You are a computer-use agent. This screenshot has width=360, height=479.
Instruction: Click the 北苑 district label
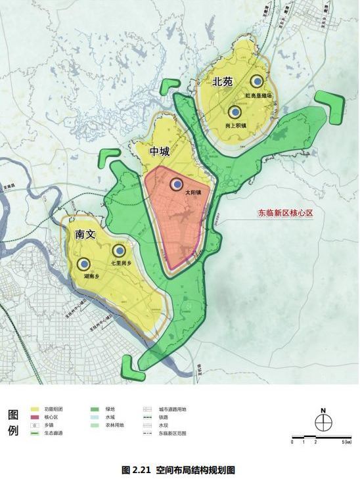223,81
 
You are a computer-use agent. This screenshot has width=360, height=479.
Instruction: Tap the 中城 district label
160,152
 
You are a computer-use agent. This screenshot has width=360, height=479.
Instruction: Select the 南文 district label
85,234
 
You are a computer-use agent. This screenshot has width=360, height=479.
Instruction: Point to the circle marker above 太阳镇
176,184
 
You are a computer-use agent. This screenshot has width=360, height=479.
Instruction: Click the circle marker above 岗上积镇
234,113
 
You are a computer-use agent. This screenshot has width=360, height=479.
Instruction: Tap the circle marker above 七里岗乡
118,250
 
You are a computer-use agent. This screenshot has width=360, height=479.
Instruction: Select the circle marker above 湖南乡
83,264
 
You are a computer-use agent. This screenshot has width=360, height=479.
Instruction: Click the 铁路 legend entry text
164,417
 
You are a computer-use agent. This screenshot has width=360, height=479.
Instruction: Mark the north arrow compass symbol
323,421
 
